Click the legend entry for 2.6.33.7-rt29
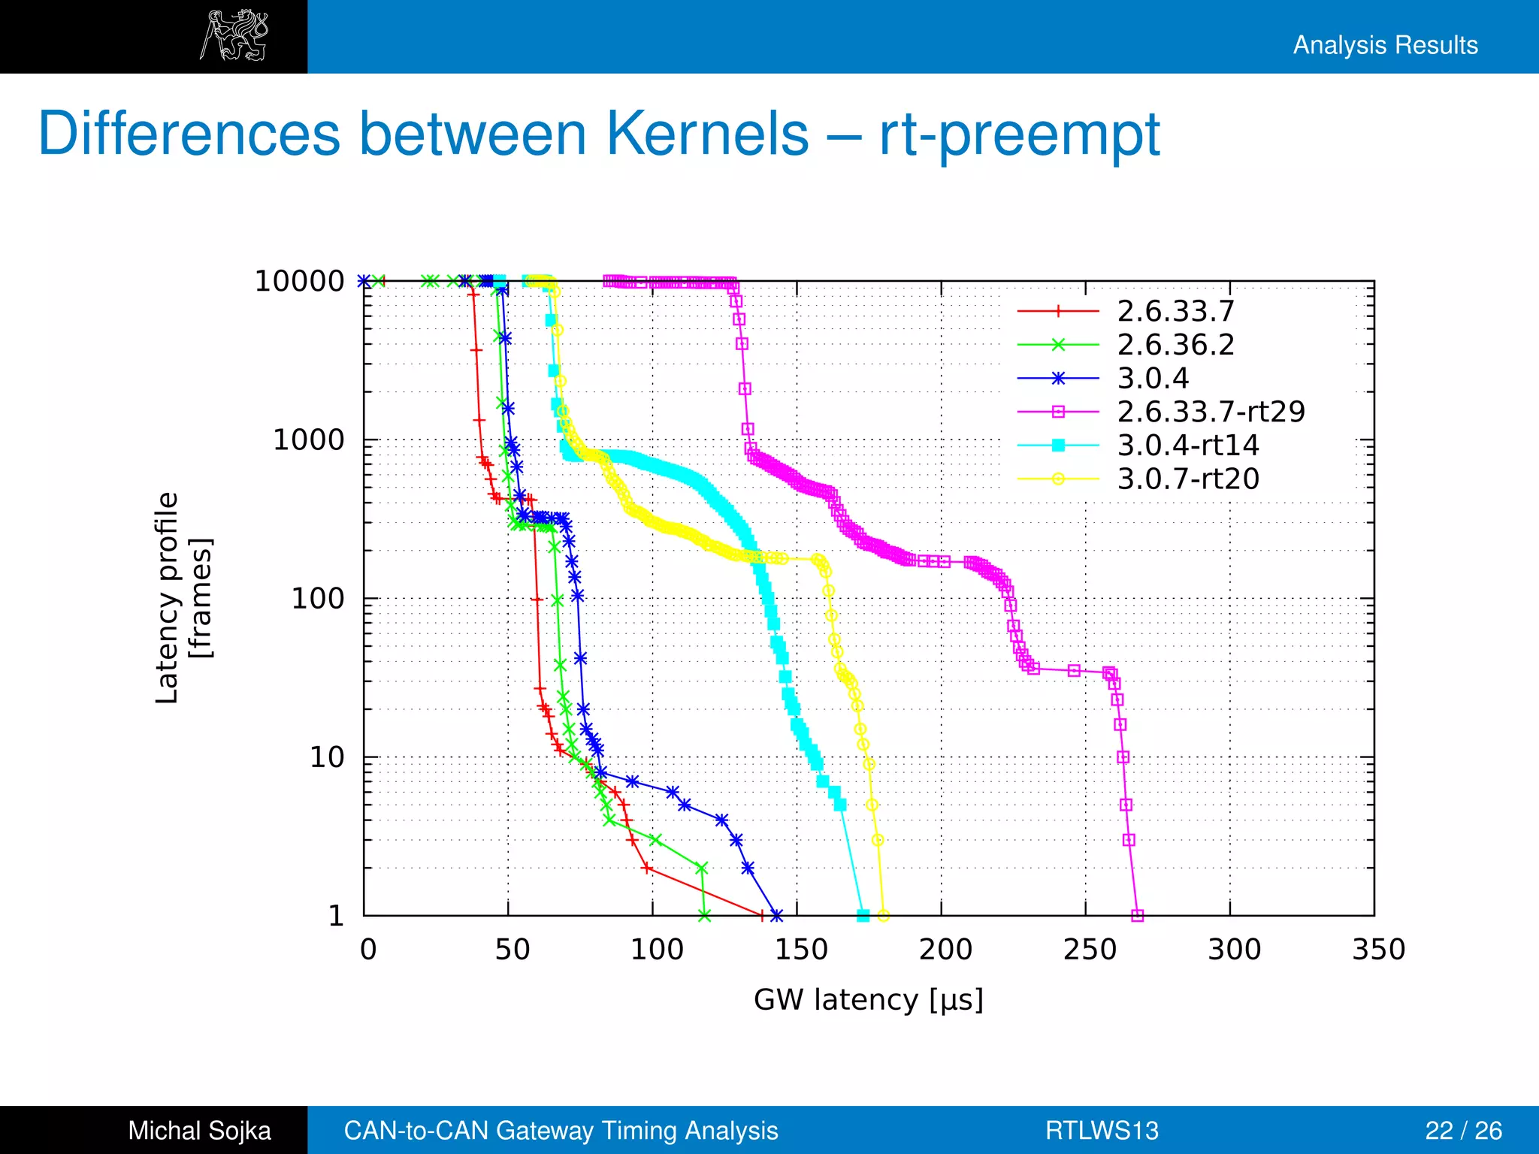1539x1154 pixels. [1210, 412]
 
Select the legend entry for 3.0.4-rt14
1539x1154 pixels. [1187, 446]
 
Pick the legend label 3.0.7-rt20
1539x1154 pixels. [1187, 479]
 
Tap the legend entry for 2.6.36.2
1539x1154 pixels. [1175, 345]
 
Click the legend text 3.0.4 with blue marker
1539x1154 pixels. [1153, 378]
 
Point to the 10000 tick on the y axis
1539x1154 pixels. [299, 282]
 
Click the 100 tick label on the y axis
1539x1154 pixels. [317, 599]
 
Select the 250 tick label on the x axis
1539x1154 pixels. [1090, 950]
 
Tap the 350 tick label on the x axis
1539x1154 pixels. [1378, 950]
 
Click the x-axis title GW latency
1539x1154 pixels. [868, 1000]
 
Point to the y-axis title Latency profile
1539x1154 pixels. [167, 597]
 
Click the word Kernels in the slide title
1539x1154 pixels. [707, 134]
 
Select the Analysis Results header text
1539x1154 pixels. [1385, 45]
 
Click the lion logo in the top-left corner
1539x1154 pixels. [234, 35]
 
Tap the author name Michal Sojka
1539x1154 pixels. [199, 1131]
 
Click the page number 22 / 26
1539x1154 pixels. [1463, 1131]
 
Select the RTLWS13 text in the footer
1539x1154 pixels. [1102, 1131]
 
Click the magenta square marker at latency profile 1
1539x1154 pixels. [1137, 916]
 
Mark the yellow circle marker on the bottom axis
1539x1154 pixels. [884, 916]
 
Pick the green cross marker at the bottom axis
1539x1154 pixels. [704, 916]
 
